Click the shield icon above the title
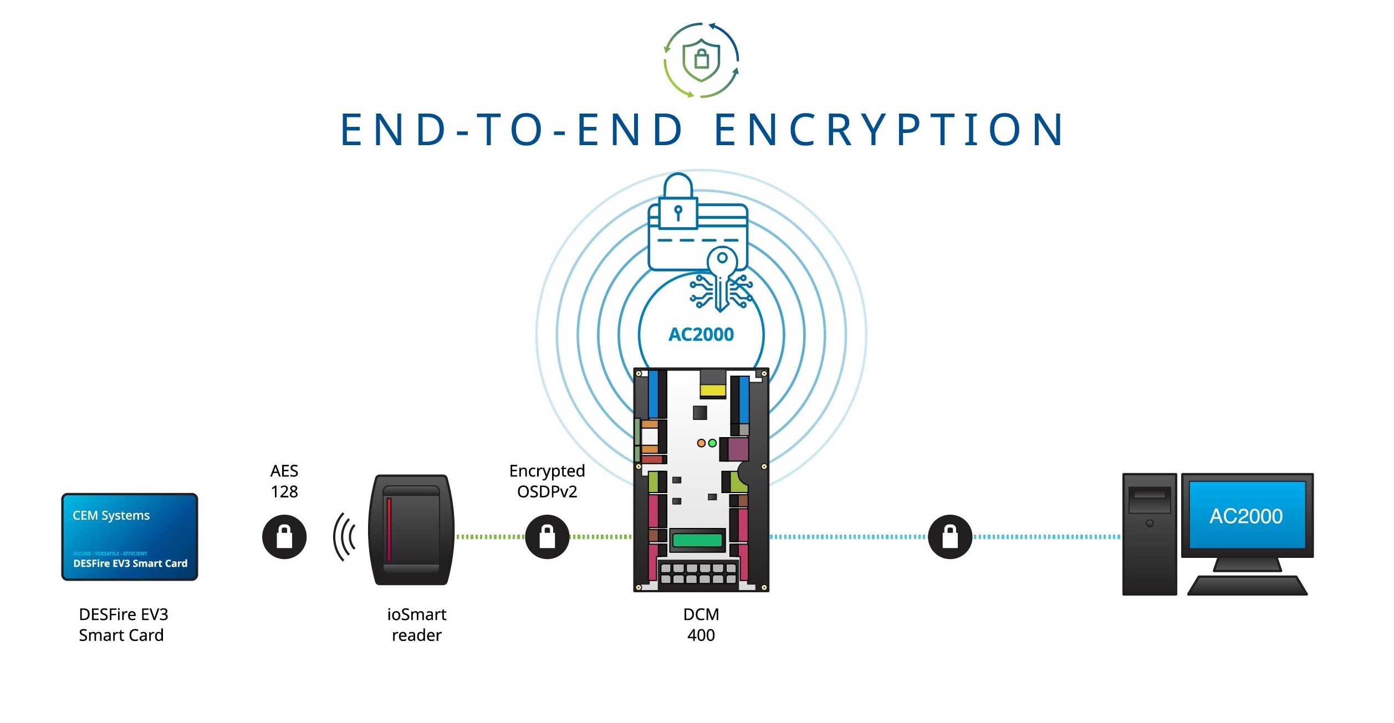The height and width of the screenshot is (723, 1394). pos(701,60)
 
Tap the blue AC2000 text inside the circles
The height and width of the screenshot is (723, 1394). pos(701,335)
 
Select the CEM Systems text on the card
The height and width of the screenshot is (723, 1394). pos(111,516)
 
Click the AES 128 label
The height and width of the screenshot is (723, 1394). pos(284,481)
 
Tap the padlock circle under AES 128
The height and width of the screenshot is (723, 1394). pos(284,537)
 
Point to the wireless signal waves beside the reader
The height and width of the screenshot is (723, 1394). pos(344,537)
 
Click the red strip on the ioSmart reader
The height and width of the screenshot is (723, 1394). pos(389,529)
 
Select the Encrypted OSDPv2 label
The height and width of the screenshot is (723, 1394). pos(547,481)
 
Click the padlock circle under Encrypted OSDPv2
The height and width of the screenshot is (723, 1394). pos(547,537)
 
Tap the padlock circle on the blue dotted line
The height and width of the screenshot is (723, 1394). pos(950,537)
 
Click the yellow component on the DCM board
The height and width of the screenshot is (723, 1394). pos(713,390)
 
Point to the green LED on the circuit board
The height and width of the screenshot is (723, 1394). pos(713,443)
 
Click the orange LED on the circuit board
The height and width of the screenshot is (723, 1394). pos(701,443)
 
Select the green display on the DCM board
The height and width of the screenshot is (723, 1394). pos(697,540)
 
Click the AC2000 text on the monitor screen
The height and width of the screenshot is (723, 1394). pos(1246,516)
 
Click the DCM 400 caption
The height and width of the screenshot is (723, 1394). pos(701,625)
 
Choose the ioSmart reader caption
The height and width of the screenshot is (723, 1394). pos(417,625)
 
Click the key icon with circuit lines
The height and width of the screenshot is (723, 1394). pos(721,280)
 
